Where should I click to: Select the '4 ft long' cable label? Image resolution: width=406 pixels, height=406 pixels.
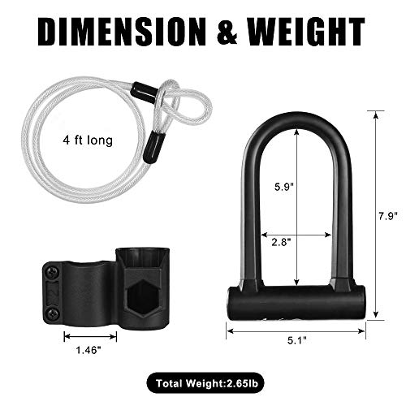point(91,140)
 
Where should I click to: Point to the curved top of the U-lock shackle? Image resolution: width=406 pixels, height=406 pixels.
point(297,121)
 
